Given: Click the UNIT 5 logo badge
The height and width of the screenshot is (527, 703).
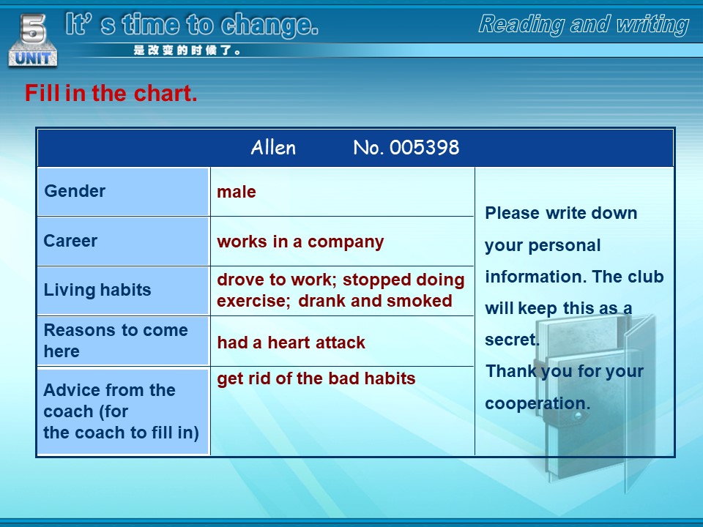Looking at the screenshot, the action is [x=33, y=40].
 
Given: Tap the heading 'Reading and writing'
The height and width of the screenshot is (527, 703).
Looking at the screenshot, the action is [x=584, y=24].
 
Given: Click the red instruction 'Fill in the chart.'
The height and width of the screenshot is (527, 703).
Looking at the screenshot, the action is [x=111, y=93].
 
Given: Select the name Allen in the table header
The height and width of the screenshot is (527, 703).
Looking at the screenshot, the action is [x=273, y=147].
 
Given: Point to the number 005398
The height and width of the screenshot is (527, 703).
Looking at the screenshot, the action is [x=424, y=147].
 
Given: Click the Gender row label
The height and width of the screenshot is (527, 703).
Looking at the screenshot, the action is [x=75, y=191].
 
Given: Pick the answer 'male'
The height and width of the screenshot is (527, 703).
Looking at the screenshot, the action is [x=237, y=192].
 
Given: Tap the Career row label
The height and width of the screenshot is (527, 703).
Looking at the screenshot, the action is [x=70, y=241].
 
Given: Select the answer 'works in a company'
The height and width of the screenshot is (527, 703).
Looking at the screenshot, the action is [x=300, y=242].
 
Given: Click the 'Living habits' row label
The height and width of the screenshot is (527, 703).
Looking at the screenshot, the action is [x=97, y=290].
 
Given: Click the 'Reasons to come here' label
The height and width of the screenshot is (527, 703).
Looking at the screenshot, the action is [x=116, y=340].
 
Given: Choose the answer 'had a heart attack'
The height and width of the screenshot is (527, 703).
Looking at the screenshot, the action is [x=291, y=343].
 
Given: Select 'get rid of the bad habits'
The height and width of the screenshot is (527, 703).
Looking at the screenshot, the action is [x=316, y=378].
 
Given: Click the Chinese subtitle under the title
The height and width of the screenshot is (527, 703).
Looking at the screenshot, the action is [x=187, y=51].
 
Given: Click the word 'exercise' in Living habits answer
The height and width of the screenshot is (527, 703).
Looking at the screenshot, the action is [x=251, y=301].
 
